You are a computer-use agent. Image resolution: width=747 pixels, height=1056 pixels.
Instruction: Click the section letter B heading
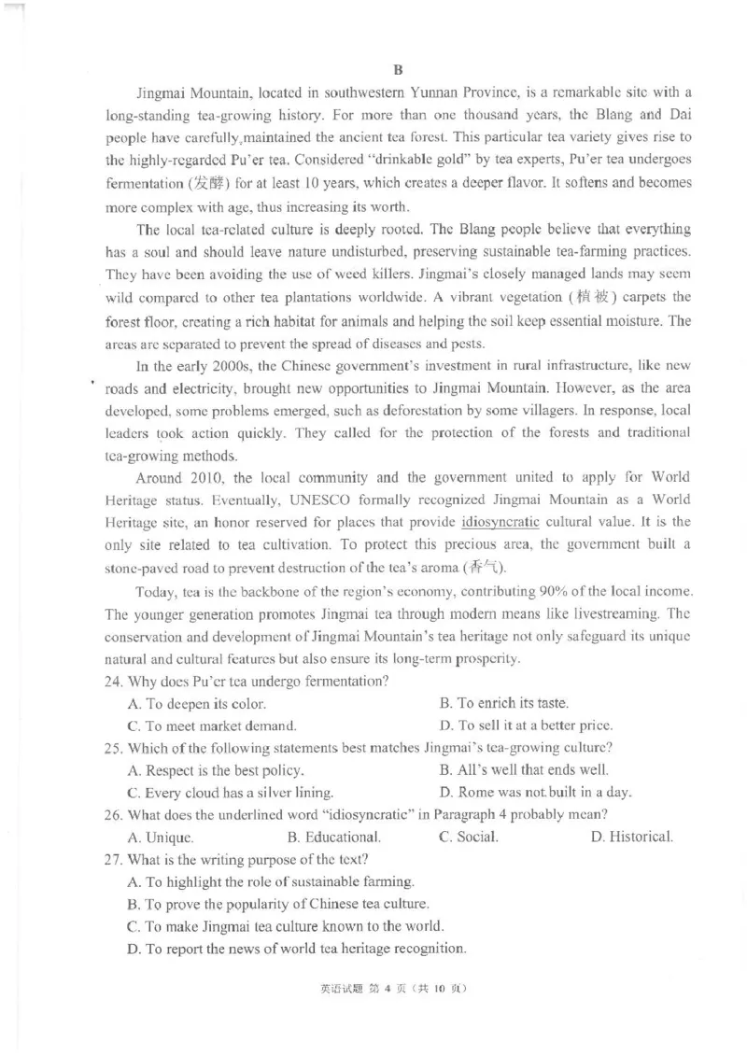coord(397,70)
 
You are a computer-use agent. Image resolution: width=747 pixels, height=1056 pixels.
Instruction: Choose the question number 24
coord(115,681)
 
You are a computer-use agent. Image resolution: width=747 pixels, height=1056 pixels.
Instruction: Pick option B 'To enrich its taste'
coord(503,703)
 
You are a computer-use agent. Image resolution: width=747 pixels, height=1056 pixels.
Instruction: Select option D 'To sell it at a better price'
coord(526,725)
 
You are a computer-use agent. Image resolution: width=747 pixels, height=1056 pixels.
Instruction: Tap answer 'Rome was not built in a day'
coord(535,793)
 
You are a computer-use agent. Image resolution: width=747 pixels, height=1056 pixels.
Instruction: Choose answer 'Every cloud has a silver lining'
coord(230,793)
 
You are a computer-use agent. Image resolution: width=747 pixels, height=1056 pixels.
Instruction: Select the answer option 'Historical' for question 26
coord(631,837)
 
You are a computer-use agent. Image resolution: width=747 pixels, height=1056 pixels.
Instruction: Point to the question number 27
coord(115,859)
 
